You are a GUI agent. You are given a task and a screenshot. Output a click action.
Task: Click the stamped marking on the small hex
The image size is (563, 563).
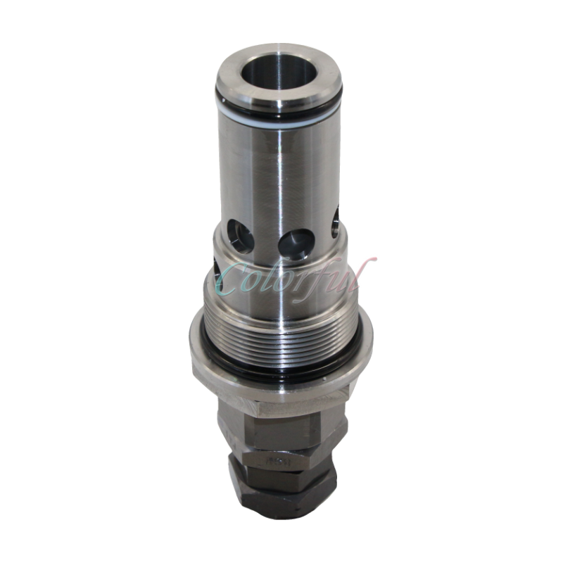point(278,462)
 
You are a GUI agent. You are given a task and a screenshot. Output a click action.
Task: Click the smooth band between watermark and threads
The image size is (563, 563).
point(281,303)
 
